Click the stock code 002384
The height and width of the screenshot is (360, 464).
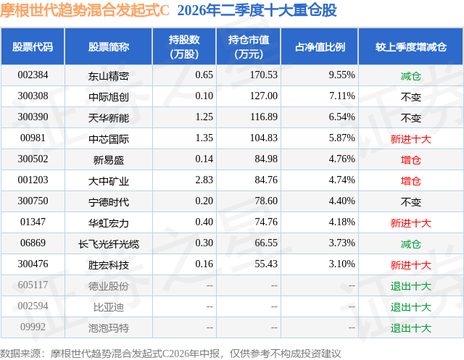pos(33,75)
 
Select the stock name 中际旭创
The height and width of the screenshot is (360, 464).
pos(108,96)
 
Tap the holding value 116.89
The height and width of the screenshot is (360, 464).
pos(264,117)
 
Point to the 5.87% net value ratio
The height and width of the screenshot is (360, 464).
pos(341,138)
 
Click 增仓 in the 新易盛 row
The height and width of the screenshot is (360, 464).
pos(411,160)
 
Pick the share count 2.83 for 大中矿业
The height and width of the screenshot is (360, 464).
pos(204,180)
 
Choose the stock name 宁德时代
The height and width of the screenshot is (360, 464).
pos(108,202)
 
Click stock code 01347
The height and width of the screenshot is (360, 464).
pos(33,222)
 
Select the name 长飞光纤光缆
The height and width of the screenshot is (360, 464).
pos(108,244)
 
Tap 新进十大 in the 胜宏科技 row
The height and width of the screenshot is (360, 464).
pos(411,265)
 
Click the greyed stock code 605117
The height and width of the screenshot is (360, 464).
pos(33,285)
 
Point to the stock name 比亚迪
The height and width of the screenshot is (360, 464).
pos(108,307)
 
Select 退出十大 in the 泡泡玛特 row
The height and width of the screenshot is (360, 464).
pos(411,328)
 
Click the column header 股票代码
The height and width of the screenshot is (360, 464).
pos(33,46)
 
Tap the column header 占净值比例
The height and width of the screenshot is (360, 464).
pos(320,46)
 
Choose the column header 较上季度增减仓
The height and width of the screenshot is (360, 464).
pos(411,46)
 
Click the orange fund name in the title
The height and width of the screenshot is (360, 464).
pos(85,11)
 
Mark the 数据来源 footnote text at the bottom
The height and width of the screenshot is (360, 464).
pos(170,353)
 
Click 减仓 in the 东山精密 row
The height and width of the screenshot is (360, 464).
pos(411,76)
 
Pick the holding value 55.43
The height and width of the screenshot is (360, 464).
pos(266,264)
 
